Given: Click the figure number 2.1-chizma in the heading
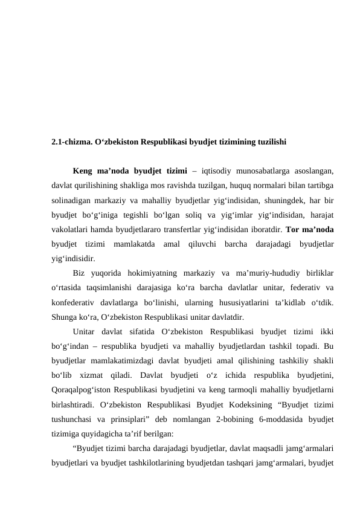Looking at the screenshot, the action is click(x=71, y=143).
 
